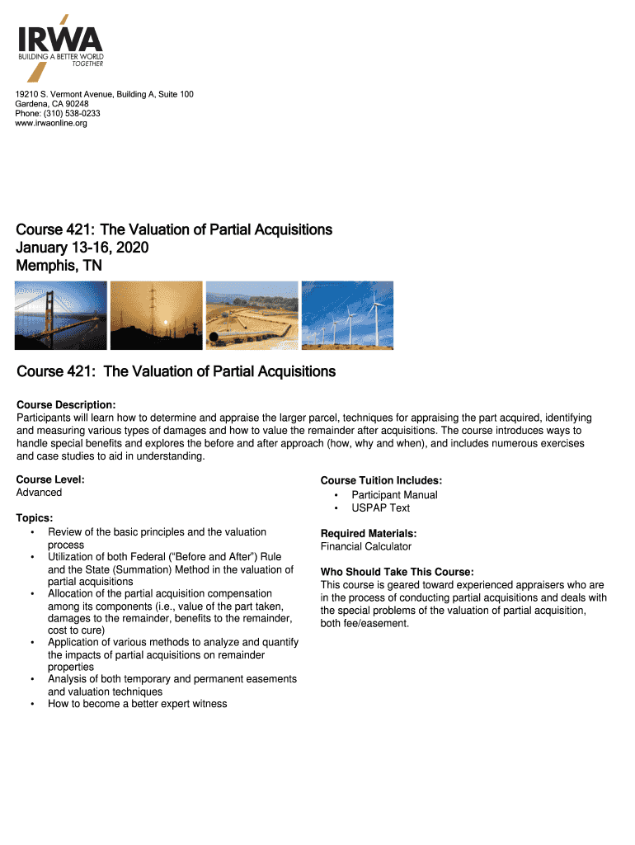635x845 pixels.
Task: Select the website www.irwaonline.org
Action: (51, 124)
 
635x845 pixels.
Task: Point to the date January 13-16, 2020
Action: (82, 248)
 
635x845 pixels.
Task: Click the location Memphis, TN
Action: (59, 266)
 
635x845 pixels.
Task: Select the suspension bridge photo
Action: (61, 315)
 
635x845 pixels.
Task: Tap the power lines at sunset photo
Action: (156, 315)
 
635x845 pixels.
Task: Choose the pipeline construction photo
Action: (252, 315)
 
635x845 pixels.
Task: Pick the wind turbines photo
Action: (347, 315)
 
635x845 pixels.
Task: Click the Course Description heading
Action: (66, 405)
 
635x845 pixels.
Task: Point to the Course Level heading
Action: (50, 479)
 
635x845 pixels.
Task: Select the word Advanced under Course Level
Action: (39, 493)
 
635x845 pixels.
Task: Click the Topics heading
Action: (35, 518)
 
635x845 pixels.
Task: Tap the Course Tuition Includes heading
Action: (381, 481)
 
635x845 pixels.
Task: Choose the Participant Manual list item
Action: (394, 495)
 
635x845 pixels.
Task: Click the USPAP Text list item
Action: (380, 508)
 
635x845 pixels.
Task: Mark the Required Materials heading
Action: (368, 534)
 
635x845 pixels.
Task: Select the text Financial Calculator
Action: (365, 546)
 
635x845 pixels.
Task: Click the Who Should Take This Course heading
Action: (397, 573)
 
